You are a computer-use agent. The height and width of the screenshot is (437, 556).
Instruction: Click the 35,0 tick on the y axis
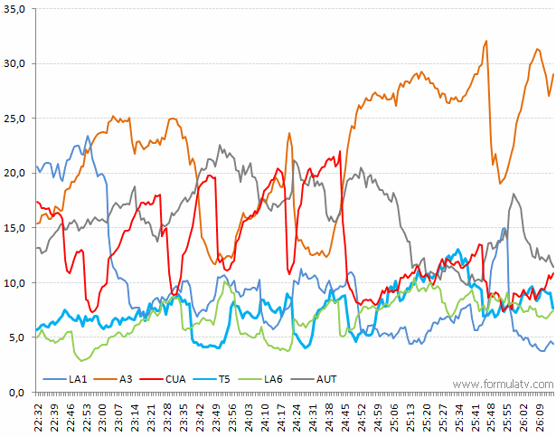tap(16, 8)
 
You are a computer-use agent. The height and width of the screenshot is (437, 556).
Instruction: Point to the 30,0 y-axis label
tap(16, 63)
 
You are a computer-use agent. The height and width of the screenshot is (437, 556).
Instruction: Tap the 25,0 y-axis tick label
tap(16, 118)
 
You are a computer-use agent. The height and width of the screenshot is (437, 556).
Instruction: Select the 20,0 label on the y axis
tap(16, 173)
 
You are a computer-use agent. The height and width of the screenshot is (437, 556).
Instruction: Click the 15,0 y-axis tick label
tap(16, 228)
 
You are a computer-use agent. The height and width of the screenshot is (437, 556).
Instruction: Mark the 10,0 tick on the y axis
tap(16, 282)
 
